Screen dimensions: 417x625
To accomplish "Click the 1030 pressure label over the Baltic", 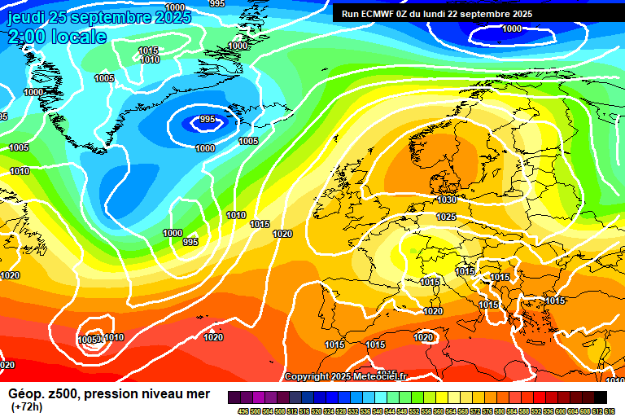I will click(x=447, y=200).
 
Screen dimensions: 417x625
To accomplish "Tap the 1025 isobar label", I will click(x=446, y=217).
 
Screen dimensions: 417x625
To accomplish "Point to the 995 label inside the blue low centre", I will click(x=208, y=120).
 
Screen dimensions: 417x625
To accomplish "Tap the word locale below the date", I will click(x=79, y=37).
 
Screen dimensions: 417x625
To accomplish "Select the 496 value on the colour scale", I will click(x=243, y=410).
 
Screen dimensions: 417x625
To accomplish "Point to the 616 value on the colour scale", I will click(x=610, y=410).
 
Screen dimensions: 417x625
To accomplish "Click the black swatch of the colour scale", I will click(x=600, y=397).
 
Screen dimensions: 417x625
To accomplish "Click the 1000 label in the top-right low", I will click(x=512, y=29).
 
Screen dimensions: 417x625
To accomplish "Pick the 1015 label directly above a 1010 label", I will click(x=148, y=50).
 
